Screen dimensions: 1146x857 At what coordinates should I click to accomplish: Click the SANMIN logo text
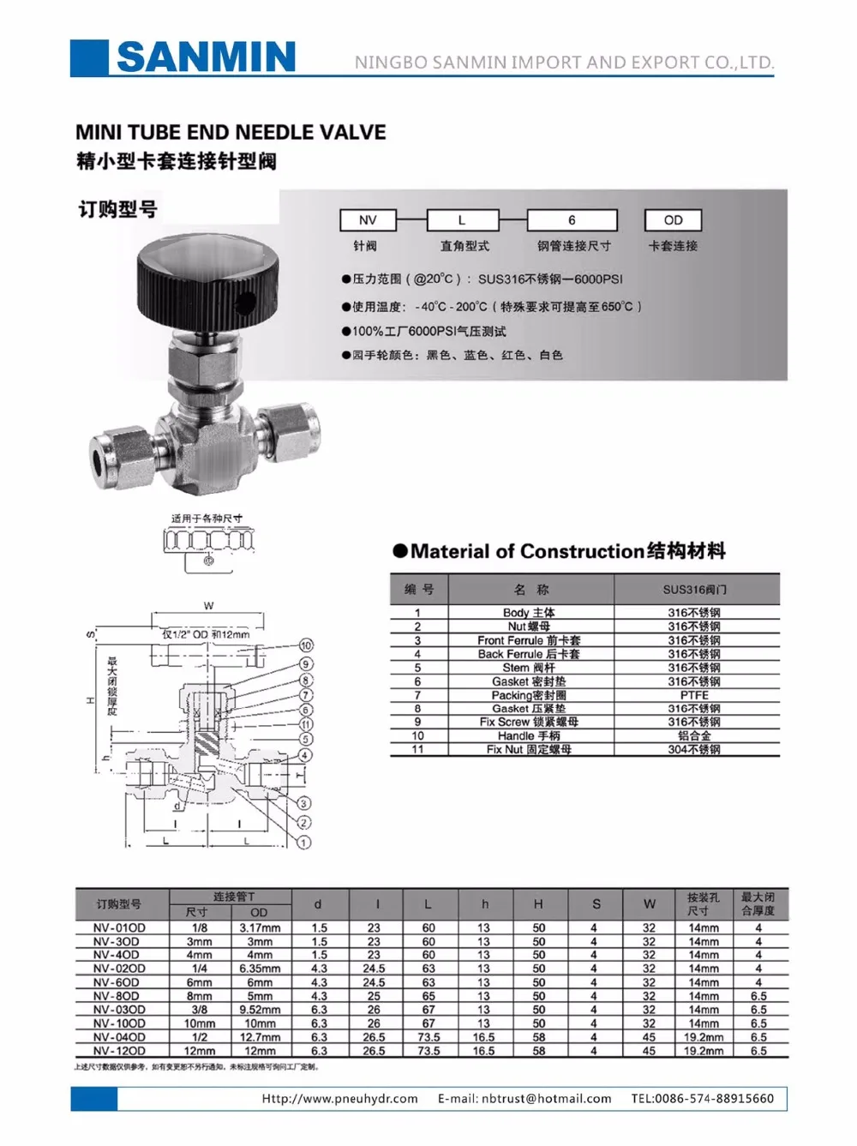[x=206, y=57]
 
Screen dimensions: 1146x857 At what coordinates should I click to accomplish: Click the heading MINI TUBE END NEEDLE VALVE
[x=231, y=132]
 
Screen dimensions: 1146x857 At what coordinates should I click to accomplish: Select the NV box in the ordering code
[x=368, y=220]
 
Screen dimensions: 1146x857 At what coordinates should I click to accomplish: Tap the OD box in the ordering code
[x=674, y=220]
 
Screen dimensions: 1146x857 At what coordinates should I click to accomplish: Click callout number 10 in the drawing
[x=306, y=645]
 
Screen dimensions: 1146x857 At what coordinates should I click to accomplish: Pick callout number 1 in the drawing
[x=303, y=843]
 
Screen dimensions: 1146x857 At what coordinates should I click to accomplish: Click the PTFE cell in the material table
[x=694, y=695]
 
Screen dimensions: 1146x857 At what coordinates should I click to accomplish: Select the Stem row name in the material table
[x=529, y=668]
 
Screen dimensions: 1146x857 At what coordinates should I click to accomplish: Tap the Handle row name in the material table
[x=529, y=735]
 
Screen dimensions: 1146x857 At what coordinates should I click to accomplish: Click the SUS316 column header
[x=694, y=590]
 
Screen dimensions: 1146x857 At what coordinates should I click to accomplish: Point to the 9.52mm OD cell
[x=260, y=1010]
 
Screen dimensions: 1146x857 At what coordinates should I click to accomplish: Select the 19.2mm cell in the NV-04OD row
[x=704, y=1037]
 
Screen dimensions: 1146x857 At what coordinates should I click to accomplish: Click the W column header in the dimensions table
[x=650, y=903]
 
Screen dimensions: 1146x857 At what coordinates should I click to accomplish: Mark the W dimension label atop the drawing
[x=208, y=606]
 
